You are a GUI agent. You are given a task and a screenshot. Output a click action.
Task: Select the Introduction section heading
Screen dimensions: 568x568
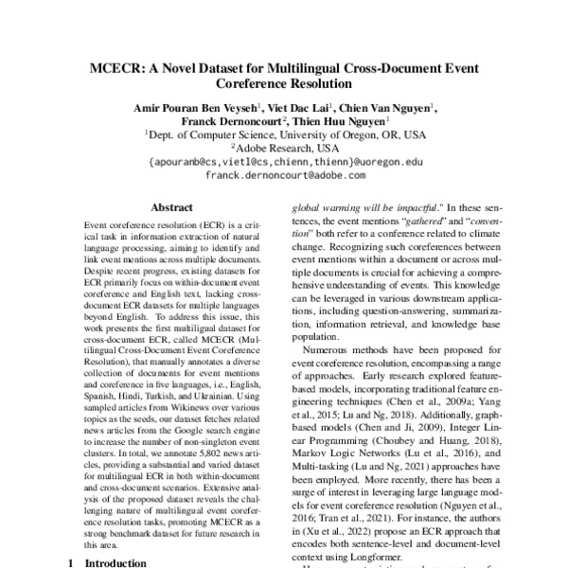[111, 562]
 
